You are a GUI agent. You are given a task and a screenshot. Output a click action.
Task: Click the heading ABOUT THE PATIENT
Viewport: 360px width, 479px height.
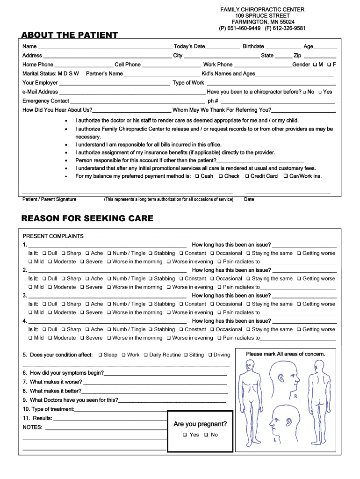pos(70,35)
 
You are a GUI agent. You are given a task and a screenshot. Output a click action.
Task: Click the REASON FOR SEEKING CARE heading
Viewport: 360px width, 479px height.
pos(87,218)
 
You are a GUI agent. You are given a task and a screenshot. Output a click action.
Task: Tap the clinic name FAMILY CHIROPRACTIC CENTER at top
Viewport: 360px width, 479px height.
pos(262,9)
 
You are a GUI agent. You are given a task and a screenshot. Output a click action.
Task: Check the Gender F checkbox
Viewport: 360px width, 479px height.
pos(329,65)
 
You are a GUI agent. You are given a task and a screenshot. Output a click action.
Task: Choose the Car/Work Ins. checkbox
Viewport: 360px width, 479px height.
pos(285,176)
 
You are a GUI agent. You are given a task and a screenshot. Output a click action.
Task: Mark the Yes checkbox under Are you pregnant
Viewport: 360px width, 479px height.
pos(185,435)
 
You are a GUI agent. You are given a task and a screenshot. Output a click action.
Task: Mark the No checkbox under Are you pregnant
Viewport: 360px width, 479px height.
pos(206,435)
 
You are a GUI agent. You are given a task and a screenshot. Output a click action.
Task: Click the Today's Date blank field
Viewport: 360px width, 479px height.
pos(223,47)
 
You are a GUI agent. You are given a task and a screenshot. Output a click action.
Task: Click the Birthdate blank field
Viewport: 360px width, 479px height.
pos(283,47)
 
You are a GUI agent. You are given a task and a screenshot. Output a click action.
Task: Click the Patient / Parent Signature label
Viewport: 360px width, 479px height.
pos(50,199)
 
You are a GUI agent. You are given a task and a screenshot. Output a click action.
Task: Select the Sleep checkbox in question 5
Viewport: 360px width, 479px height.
pos(101,355)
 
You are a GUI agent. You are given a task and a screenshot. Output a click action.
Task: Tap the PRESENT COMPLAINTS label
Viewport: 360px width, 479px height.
pos(53,236)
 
